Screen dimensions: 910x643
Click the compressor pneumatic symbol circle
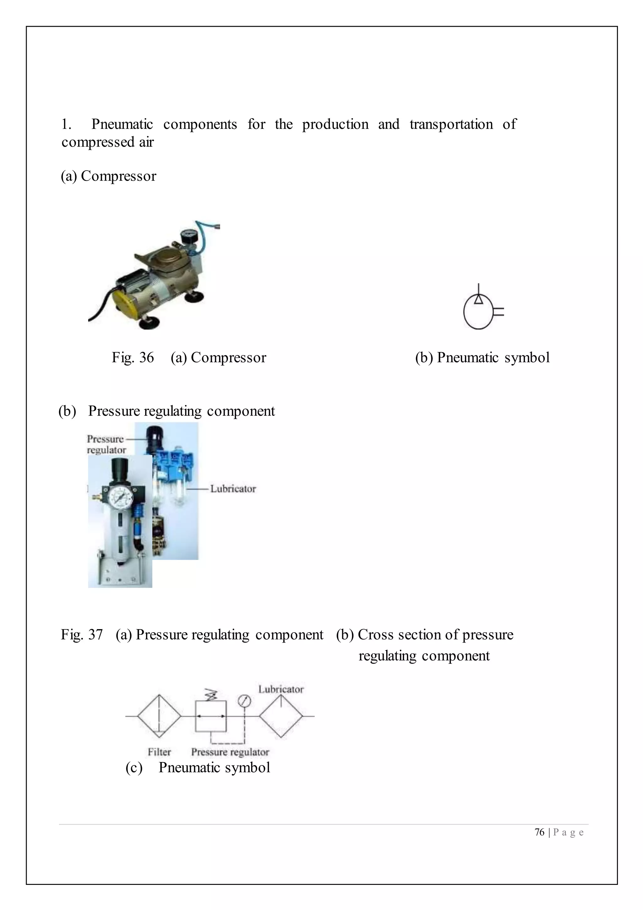coord(478,312)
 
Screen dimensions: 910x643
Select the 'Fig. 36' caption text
coord(132,358)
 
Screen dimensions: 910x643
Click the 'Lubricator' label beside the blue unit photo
coord(233,489)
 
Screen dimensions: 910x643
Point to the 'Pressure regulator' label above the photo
coord(106,444)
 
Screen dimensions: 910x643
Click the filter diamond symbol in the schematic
coord(159,716)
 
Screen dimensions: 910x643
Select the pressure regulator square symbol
coord(211,716)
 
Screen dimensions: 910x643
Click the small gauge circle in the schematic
coord(244,701)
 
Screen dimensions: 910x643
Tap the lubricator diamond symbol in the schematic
coord(281,716)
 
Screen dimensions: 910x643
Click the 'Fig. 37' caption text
coord(82,634)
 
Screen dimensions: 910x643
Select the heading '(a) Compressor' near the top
coord(109,176)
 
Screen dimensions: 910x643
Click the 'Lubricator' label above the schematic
coord(281,689)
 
